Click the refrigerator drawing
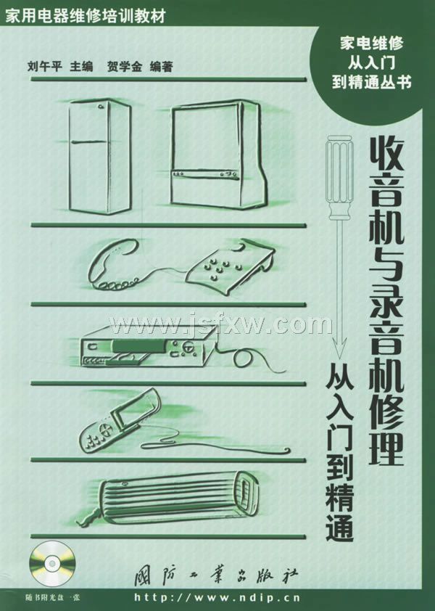click(x=99, y=156)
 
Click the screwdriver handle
click(x=340, y=176)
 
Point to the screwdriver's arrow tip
click(x=340, y=356)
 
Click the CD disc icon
click(x=51, y=563)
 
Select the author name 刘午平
click(x=45, y=67)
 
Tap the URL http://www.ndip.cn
click(x=217, y=597)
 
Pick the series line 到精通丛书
click(x=371, y=82)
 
